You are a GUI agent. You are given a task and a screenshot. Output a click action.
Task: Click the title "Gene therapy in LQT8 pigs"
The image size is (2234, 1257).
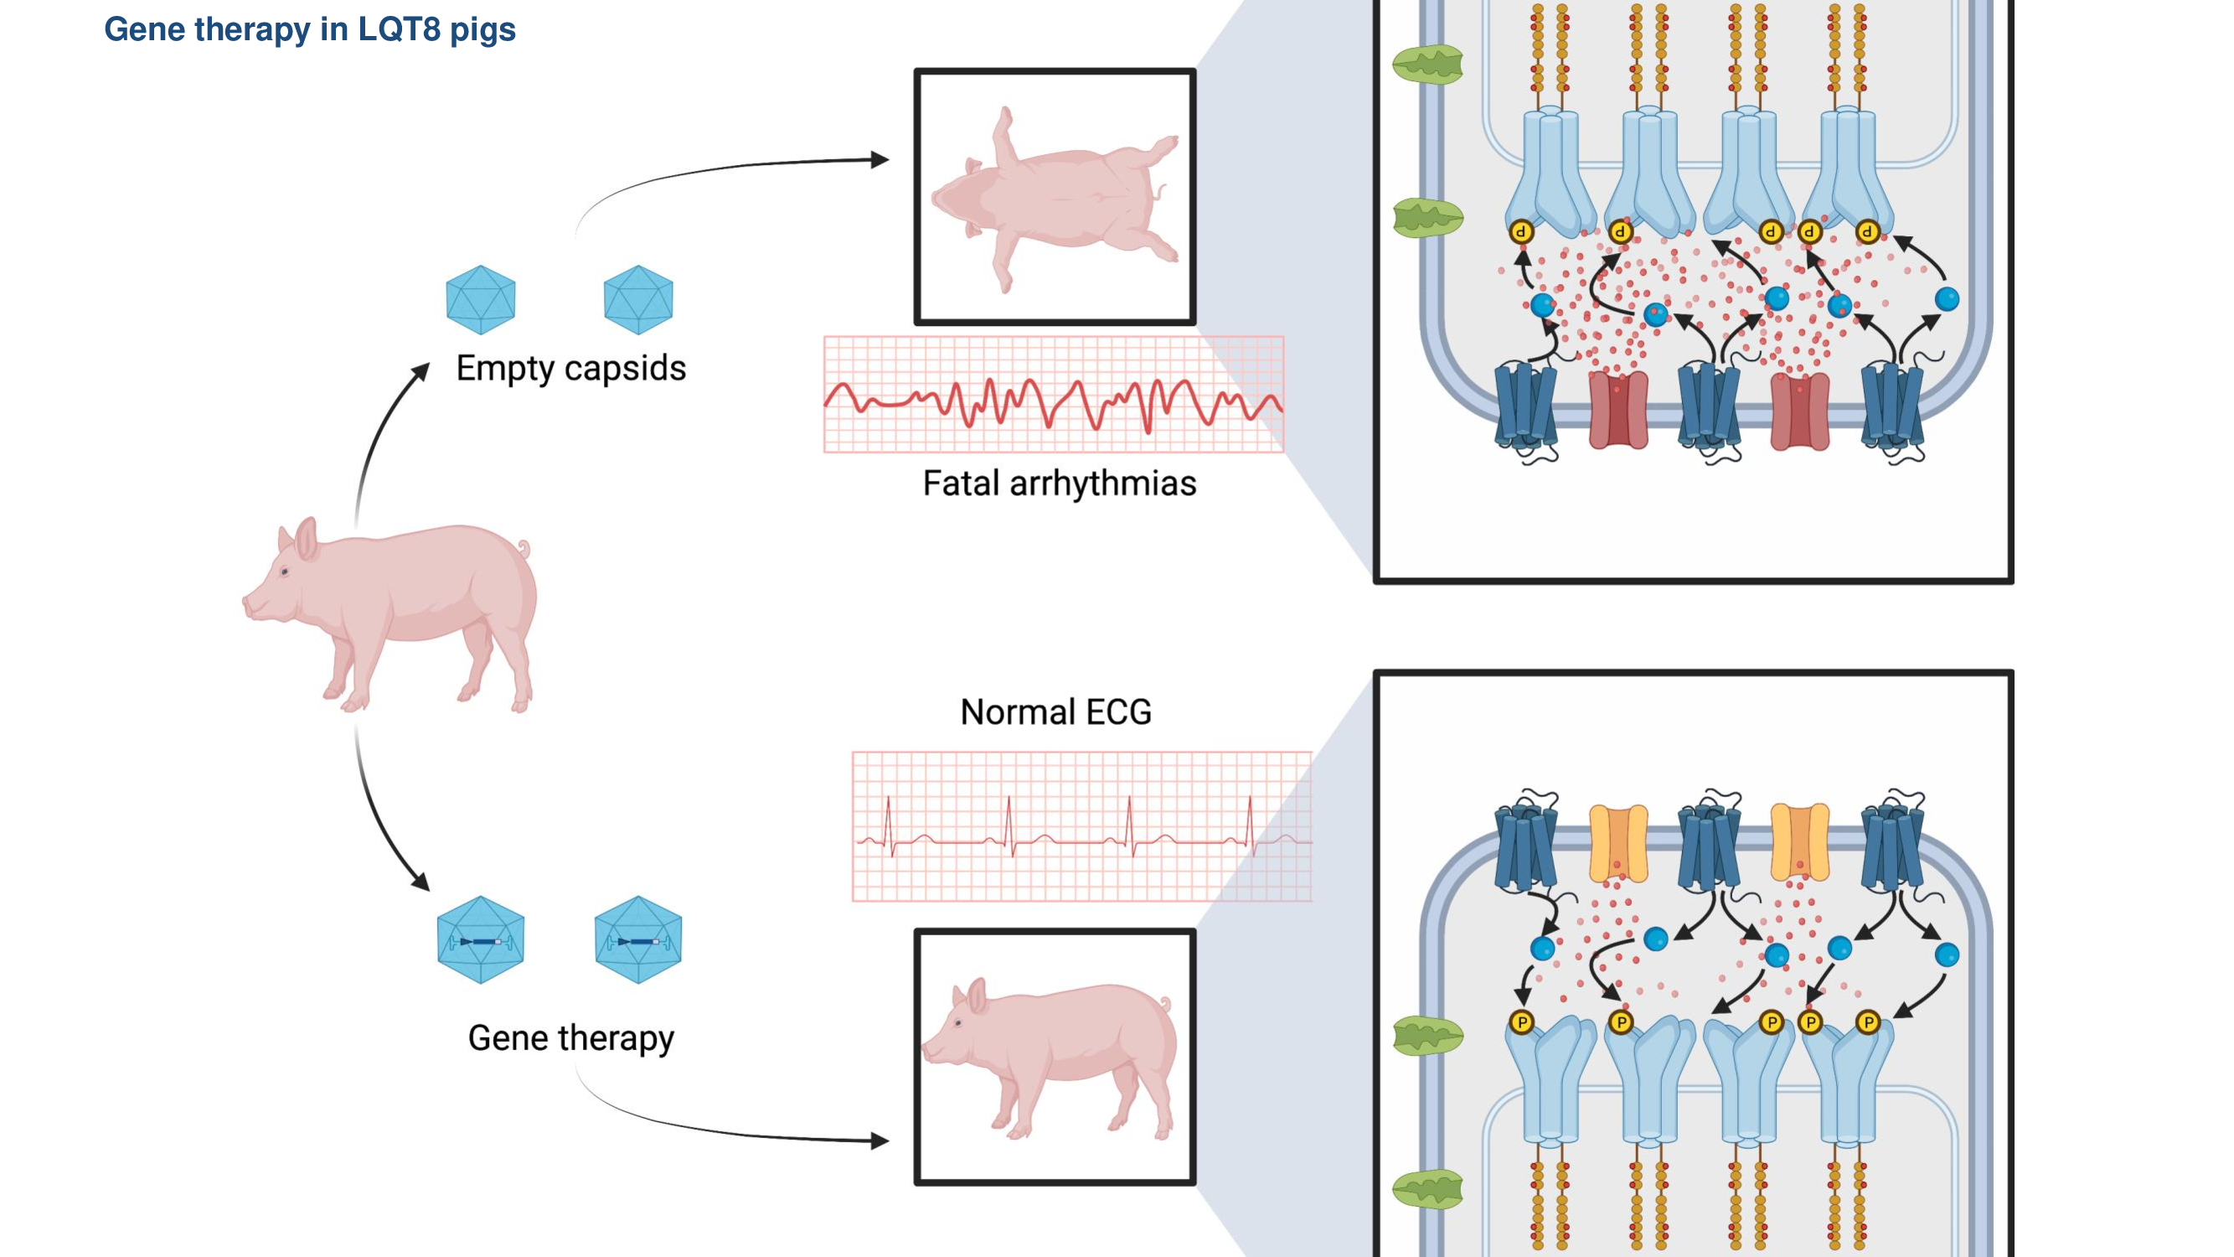(x=310, y=29)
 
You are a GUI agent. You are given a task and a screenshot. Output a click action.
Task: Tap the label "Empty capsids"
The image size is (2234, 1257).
(x=570, y=368)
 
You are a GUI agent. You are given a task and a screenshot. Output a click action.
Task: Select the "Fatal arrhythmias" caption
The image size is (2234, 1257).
(x=1059, y=484)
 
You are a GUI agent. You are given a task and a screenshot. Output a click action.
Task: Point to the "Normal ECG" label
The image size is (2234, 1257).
(x=1055, y=711)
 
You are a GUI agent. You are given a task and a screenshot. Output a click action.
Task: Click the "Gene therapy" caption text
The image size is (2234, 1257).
(x=570, y=1037)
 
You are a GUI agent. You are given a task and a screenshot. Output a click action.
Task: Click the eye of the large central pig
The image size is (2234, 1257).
(x=285, y=572)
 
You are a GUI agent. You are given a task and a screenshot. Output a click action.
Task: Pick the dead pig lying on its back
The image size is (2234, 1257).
(x=1055, y=198)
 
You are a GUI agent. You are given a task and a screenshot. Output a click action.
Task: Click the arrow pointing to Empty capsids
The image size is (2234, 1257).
(x=422, y=370)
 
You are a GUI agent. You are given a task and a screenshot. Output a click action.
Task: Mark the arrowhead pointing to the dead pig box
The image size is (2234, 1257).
(x=880, y=159)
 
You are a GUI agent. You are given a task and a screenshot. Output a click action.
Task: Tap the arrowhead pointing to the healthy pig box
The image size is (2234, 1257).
(x=880, y=1141)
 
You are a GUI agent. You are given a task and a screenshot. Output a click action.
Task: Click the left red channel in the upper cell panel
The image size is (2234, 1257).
(x=1618, y=411)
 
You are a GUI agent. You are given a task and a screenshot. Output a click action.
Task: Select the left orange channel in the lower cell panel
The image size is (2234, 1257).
(x=1618, y=842)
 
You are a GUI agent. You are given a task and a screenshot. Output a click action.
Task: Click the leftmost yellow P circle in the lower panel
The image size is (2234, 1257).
(x=1522, y=1022)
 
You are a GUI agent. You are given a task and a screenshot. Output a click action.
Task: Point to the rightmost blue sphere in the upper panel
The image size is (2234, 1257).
(x=1947, y=299)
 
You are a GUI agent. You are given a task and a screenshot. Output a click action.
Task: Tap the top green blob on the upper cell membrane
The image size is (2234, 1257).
(x=1427, y=65)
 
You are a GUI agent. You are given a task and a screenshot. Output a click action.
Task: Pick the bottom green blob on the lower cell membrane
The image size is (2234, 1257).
(x=1427, y=1188)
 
